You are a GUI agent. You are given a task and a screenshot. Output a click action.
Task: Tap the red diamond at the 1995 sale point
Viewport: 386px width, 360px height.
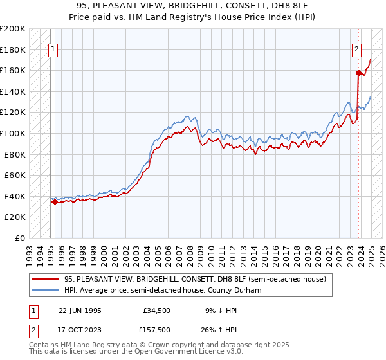coord(55,202)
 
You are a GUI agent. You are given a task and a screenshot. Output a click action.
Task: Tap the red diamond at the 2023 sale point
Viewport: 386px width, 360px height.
coord(358,73)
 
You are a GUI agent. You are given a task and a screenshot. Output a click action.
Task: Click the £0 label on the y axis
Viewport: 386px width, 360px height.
coord(20,238)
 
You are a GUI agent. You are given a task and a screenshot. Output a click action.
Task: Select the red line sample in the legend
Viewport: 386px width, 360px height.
coord(45,279)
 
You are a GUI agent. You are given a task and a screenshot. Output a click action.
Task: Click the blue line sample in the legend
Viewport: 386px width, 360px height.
coord(45,290)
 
